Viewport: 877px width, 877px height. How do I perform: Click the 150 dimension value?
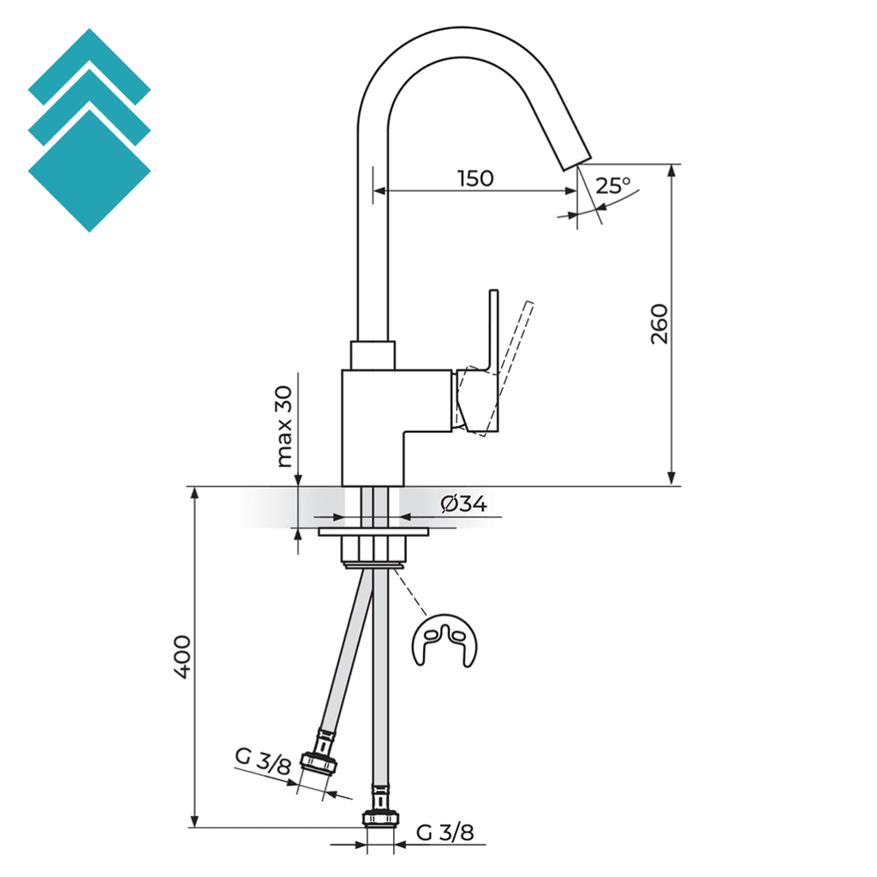pyautogui.click(x=475, y=178)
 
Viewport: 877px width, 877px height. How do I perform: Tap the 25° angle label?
pyautogui.click(x=613, y=184)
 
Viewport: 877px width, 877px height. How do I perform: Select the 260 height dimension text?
pyautogui.click(x=659, y=324)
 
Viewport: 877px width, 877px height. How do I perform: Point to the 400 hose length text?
pyautogui.click(x=182, y=658)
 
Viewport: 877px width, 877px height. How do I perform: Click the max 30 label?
pyautogui.click(x=284, y=426)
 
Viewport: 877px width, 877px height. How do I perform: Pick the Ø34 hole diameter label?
pyautogui.click(x=464, y=504)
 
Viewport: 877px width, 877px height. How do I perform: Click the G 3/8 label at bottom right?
pyautogui.click(x=444, y=832)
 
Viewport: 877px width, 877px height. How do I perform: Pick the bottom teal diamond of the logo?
pyautogui.click(x=89, y=171)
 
